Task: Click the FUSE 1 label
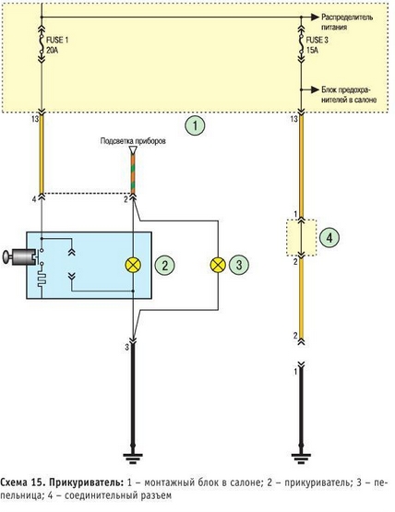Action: pyautogui.click(x=57, y=41)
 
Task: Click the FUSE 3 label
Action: pyautogui.click(x=317, y=41)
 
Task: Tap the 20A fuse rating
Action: pyautogui.click(x=53, y=51)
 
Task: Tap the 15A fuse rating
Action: pyautogui.click(x=312, y=51)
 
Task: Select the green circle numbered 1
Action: pyautogui.click(x=195, y=125)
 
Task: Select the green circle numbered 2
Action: pyautogui.click(x=164, y=265)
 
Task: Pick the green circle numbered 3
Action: pyautogui.click(x=239, y=265)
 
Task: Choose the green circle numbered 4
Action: pyautogui.click(x=329, y=237)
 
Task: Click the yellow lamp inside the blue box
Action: pyautogui.click(x=133, y=265)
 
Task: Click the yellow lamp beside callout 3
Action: pyautogui.click(x=218, y=265)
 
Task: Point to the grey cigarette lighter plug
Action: pyautogui.click(x=19, y=256)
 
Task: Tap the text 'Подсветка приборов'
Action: pyautogui.click(x=133, y=141)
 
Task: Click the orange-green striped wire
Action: pyautogui.click(x=133, y=173)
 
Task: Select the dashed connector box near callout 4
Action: pyautogui.click(x=301, y=238)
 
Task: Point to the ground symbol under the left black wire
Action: pyautogui.click(x=133, y=458)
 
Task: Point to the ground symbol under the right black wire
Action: pyautogui.click(x=301, y=458)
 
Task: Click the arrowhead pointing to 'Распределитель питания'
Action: pyautogui.click(x=315, y=17)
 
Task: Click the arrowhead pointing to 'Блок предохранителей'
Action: pyautogui.click(x=315, y=89)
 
